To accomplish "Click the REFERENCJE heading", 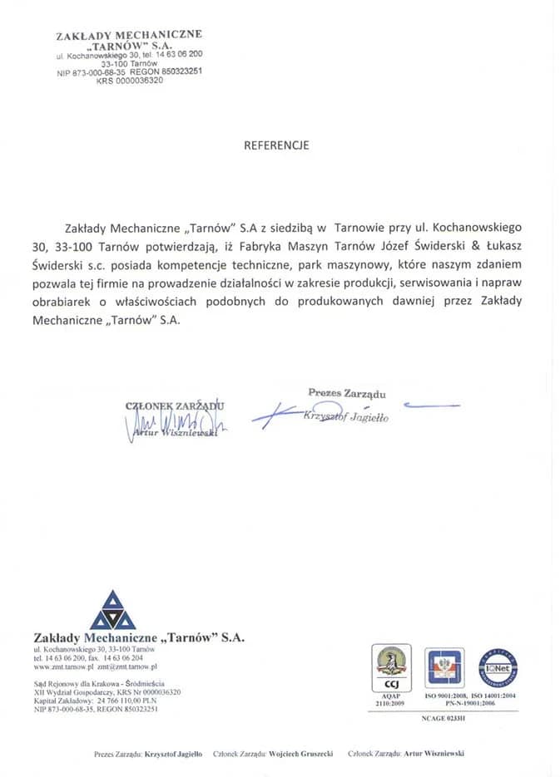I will click(x=276, y=145).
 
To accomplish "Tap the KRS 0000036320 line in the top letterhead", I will click(x=129, y=81).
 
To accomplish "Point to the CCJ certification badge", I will click(x=390, y=668).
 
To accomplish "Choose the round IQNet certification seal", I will click(x=498, y=668).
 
